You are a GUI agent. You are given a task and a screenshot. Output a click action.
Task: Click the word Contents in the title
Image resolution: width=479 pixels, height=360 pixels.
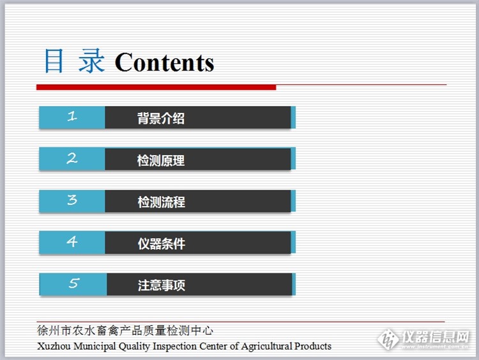point(164,63)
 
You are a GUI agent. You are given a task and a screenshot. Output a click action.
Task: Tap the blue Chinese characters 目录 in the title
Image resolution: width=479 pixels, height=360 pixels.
point(73,61)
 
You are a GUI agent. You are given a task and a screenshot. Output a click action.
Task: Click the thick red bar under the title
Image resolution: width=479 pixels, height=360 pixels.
point(156,87)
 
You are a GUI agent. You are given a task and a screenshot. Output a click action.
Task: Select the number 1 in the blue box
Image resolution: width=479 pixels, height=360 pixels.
point(72,117)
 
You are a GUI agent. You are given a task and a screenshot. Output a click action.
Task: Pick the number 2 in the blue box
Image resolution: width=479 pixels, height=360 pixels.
point(72,158)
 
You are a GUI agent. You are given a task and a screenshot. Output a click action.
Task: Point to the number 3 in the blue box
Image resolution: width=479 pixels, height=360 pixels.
point(72,200)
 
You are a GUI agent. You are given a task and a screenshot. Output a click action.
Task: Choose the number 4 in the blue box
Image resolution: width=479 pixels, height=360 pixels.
point(72,242)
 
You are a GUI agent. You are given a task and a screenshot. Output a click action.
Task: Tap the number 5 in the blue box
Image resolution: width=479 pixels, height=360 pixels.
point(73,283)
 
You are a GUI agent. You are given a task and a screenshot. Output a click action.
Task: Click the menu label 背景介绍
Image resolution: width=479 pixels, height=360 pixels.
point(161,118)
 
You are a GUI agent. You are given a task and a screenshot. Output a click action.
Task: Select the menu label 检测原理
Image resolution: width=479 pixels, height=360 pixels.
point(161,160)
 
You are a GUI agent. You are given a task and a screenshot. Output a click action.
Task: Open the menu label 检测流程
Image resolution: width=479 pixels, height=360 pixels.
point(161,202)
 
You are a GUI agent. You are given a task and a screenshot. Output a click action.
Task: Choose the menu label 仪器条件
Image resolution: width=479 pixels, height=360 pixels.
point(161,243)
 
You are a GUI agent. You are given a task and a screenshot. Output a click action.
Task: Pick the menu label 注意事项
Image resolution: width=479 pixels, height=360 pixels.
point(161,285)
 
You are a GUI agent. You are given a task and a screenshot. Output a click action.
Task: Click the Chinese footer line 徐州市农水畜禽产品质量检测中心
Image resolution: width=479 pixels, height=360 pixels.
point(125,331)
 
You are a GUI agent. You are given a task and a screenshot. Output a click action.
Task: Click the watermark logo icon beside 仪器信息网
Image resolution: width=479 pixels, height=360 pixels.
point(388,338)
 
